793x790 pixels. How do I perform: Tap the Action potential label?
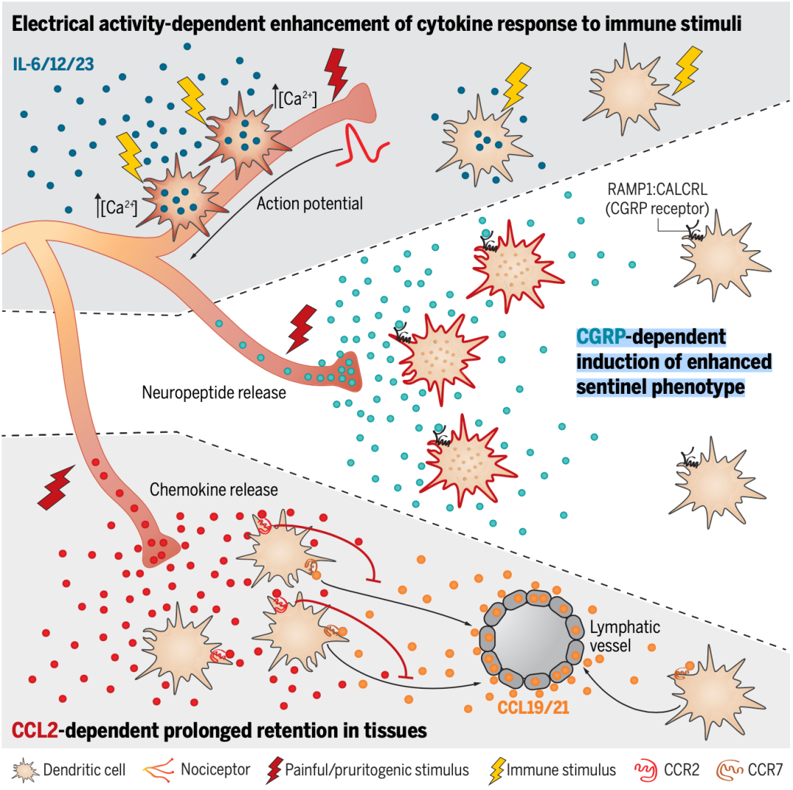click(x=309, y=203)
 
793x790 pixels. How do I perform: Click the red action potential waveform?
click(x=362, y=142)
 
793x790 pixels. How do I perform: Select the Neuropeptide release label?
click(x=213, y=392)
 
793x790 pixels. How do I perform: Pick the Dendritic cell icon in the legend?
click(x=26, y=770)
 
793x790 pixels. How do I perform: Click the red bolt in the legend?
click(x=276, y=770)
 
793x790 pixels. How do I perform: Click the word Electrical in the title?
click(x=59, y=23)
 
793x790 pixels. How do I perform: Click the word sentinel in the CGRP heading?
click(x=614, y=386)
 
